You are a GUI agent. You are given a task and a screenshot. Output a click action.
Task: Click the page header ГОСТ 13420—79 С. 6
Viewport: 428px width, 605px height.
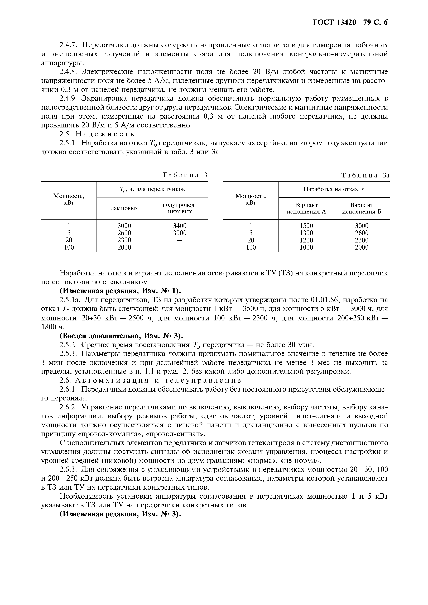(x=350, y=23)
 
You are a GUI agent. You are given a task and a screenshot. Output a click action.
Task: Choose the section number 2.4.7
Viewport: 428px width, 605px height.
(x=68, y=45)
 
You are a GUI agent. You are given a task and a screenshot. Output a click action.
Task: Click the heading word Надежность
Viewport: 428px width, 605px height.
(x=105, y=134)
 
